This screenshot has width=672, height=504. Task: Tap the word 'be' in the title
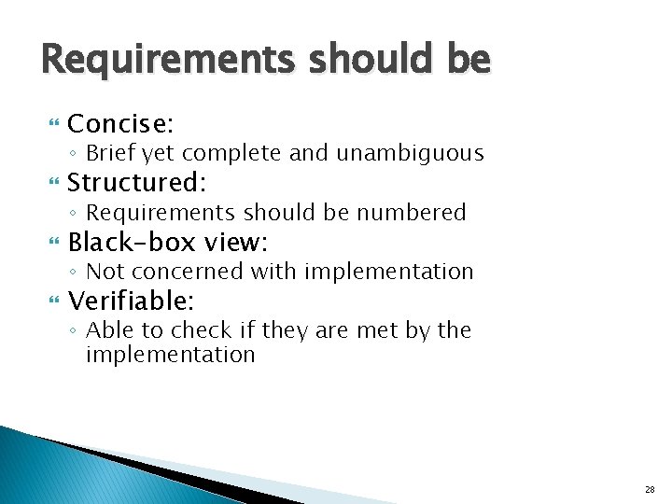466,61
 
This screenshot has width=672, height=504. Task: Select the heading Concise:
122,124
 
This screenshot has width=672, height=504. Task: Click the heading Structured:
136,183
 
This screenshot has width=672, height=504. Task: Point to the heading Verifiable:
131,301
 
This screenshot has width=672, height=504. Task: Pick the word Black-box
132,243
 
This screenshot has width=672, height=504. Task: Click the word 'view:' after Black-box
235,243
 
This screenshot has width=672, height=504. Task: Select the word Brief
111,153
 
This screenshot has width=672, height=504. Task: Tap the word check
194,330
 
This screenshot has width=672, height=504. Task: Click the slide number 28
650,489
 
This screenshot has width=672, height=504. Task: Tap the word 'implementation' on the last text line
170,355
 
